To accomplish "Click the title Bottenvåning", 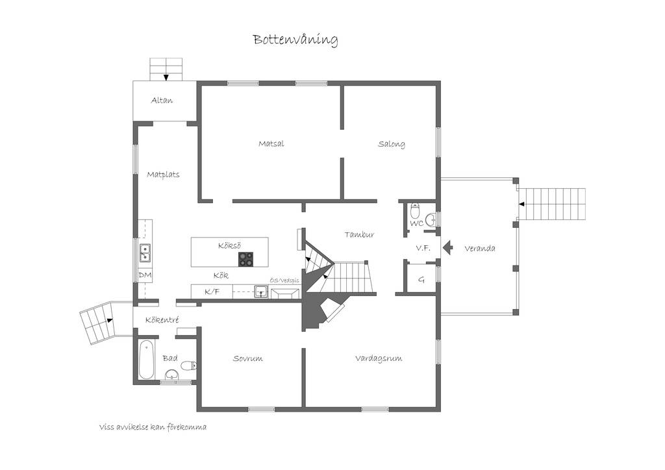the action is pos(295,40).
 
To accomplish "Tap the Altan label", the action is pos(162,101).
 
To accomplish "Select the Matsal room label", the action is pos(271,143).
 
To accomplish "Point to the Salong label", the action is pos(392,144).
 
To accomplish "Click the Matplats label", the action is pos(163,175).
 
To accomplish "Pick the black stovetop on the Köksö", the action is pos(245,259).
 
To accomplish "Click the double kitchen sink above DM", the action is pos(145,253).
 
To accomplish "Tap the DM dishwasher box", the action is pos(145,275).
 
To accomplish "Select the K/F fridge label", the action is pos(212,291).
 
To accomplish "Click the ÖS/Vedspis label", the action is pos(284,280).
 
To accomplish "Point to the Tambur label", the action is pos(359,234).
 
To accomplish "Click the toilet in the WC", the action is pos(415,210).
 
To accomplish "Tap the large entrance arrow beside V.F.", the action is pos(447,247).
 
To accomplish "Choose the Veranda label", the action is pos(480,249).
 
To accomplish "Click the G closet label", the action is pos(421,280).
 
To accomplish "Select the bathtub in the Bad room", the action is pos(146,360).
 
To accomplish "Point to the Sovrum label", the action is pos(247,358).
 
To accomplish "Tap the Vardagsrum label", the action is pos(379,358).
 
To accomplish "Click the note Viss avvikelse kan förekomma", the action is pos(153,427).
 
